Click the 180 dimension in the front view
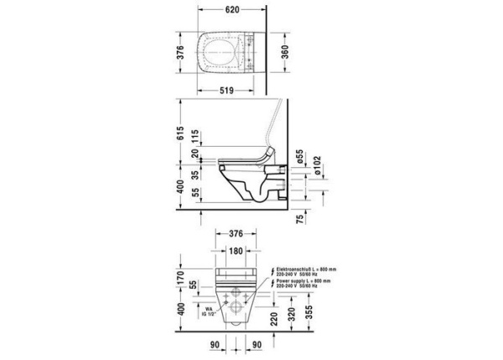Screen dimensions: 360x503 coord(236,252)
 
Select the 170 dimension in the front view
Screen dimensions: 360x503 coord(184,274)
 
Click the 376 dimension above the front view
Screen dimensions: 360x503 coord(236,234)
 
